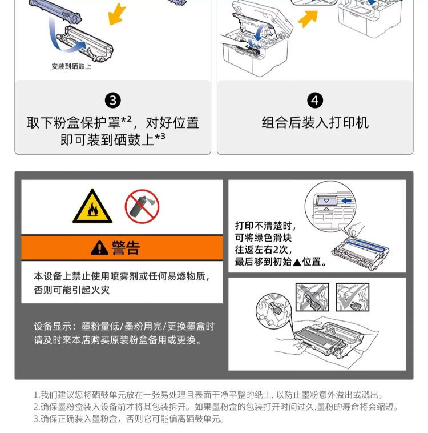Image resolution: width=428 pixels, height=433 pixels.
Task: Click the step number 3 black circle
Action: coord(113,101)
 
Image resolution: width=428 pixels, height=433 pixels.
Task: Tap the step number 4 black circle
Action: coord(315,101)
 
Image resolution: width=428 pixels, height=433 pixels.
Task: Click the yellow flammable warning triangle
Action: coord(92,207)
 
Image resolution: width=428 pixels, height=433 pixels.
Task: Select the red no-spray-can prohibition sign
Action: coord(142,206)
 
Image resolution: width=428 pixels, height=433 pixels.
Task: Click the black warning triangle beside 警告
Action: coord(99,248)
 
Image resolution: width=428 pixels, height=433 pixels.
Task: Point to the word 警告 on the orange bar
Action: coord(126,248)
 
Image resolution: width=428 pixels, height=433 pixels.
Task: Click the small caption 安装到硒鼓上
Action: coord(71,66)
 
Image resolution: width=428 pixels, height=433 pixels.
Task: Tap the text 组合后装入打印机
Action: coord(315,123)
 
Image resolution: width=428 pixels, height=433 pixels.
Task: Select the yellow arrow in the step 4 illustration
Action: coord(308,19)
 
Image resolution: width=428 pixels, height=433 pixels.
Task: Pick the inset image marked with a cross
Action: coord(312,297)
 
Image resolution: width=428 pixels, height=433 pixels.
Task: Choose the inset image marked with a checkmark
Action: coord(352,297)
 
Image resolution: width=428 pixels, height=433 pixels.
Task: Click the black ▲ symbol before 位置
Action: coord(297,262)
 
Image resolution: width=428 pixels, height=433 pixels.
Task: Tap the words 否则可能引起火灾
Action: coord(72,290)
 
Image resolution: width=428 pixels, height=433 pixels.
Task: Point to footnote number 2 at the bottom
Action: coord(36,407)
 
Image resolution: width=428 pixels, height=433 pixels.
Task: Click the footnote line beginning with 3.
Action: coord(129,419)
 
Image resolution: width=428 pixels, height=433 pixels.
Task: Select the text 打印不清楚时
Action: coord(266,226)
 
